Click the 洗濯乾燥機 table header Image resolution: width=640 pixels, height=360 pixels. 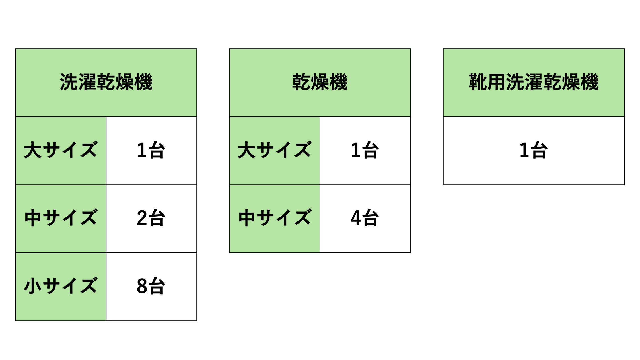[106, 82]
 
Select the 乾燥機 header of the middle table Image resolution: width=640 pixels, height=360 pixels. [320, 82]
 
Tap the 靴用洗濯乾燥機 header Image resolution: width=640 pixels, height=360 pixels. [534, 82]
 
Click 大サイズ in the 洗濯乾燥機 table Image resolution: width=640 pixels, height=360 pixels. [61, 150]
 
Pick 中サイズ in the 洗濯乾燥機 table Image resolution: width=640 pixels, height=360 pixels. [61, 218]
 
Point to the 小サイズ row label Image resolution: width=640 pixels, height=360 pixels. [61, 286]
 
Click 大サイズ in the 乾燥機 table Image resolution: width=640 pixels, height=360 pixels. [275, 150]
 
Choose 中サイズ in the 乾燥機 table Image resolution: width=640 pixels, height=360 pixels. [275, 218]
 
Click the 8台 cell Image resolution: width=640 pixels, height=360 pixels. [151, 286]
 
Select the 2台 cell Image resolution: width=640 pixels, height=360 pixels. [151, 218]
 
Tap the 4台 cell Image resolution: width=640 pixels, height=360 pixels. [365, 218]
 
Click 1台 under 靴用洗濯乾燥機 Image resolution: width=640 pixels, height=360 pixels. [534, 150]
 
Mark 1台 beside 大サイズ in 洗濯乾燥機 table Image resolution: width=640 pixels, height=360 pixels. [151, 150]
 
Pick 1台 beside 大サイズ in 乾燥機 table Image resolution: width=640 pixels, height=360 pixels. [365, 150]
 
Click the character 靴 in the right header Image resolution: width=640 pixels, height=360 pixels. [478, 82]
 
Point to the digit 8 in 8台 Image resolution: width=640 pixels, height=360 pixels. [142, 286]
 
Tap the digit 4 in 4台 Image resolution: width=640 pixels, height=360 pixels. [356, 218]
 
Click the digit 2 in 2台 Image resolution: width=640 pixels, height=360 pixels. [142, 218]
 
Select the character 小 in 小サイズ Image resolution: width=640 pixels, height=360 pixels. [33, 286]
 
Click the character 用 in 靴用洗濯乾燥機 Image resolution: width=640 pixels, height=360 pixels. [496, 82]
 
